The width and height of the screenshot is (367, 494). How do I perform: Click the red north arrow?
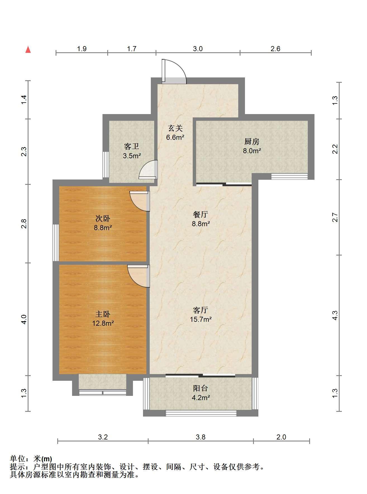pos(28,49)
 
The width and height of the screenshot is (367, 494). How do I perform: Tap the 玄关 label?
pos(175,128)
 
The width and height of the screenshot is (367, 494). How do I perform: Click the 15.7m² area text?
pos(201,319)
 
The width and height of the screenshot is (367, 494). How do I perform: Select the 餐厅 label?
pos(201,215)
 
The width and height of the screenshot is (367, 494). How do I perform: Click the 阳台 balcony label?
pos(201,388)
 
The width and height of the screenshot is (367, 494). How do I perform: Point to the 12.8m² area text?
pos(103,323)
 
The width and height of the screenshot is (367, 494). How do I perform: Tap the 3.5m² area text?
pos(132,156)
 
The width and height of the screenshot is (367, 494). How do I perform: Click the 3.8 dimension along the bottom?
pos(201,437)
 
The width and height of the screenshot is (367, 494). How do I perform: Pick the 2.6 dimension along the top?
pos(275,49)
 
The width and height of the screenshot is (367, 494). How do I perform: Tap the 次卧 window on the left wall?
pos(56,243)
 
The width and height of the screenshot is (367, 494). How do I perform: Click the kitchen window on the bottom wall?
pos(290,176)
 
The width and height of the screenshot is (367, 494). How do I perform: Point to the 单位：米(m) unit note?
pos(31,459)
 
